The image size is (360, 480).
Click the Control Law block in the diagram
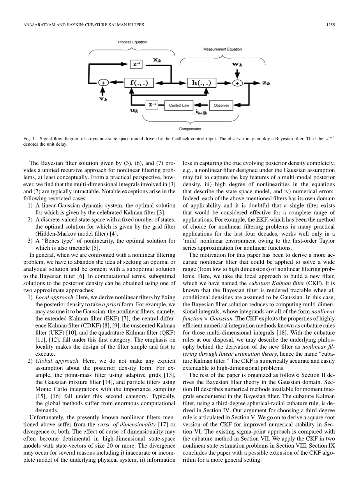click(179, 105)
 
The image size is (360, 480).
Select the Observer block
click(221, 105)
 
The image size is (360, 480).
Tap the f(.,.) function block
click(139, 83)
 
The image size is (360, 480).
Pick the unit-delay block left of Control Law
click(152, 105)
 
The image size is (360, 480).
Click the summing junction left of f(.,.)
click(103, 83)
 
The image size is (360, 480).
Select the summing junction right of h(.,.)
click(237, 83)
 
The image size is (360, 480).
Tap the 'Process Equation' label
click(132, 42)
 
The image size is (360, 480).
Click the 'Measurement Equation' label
click(222, 49)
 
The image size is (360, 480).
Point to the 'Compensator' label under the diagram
click(190, 129)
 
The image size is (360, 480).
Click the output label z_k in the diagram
click(266, 83)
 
